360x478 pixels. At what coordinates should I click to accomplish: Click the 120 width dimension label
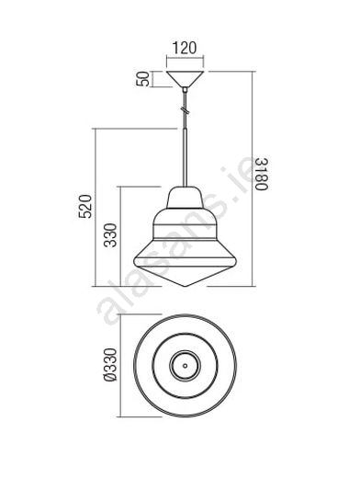pos(185,48)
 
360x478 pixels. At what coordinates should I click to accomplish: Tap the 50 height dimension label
pos(142,79)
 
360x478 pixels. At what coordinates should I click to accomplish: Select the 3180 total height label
pos(262,174)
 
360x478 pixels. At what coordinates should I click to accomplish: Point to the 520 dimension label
pos(85,206)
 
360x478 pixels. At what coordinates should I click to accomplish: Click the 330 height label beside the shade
pos(110,235)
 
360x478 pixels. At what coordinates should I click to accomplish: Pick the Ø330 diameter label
pos(110,365)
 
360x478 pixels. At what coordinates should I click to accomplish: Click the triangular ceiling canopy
pos(185,79)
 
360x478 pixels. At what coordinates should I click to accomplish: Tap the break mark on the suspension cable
pos(185,109)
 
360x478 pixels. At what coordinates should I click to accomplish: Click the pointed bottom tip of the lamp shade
pos(185,286)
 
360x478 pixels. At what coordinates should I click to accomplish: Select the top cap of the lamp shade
pos(185,198)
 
